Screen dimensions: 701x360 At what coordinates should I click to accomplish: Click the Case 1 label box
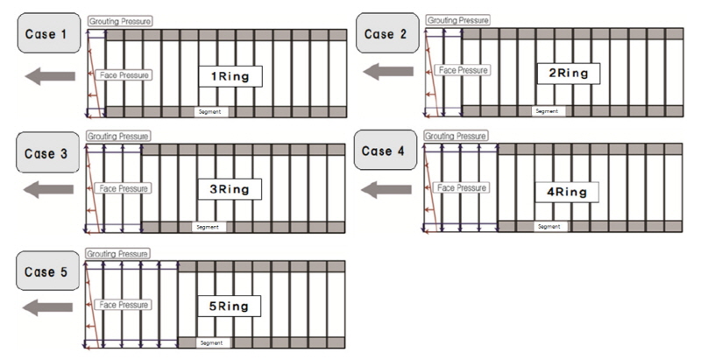pyautogui.click(x=49, y=33)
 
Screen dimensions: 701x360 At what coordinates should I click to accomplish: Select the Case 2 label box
pyautogui.click(x=387, y=33)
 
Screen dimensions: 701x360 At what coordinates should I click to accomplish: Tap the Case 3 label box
pyautogui.click(x=48, y=152)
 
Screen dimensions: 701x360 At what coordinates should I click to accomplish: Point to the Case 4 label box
pyautogui.click(x=386, y=150)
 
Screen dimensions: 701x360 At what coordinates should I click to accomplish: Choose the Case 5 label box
pyautogui.click(x=48, y=271)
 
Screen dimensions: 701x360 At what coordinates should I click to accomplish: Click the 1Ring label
pyautogui.click(x=230, y=76)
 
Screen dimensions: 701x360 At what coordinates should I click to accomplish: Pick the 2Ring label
pyautogui.click(x=568, y=74)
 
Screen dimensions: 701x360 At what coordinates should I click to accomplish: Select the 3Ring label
pyautogui.click(x=230, y=189)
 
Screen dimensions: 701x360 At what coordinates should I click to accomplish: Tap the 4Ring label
pyautogui.click(x=566, y=192)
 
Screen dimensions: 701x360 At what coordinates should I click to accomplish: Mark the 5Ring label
pyautogui.click(x=229, y=307)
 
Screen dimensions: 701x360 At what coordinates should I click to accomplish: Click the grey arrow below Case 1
pyautogui.click(x=50, y=76)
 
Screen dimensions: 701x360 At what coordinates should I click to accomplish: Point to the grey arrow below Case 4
pyautogui.click(x=386, y=190)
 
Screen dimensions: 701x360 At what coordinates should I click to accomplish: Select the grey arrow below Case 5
pyautogui.click(x=47, y=307)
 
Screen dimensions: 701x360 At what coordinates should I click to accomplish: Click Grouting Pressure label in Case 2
pyautogui.click(x=457, y=20)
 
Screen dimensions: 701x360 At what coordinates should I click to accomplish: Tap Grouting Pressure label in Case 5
pyautogui.click(x=117, y=254)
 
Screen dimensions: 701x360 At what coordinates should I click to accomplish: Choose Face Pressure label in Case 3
pyautogui.click(x=123, y=188)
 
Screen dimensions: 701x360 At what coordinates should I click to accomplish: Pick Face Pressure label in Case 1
pyautogui.click(x=124, y=75)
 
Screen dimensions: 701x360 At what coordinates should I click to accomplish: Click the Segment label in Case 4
pyautogui.click(x=549, y=227)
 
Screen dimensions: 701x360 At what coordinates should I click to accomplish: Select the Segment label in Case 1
pyautogui.click(x=210, y=111)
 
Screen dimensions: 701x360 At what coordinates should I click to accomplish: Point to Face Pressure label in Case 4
pyautogui.click(x=462, y=187)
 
